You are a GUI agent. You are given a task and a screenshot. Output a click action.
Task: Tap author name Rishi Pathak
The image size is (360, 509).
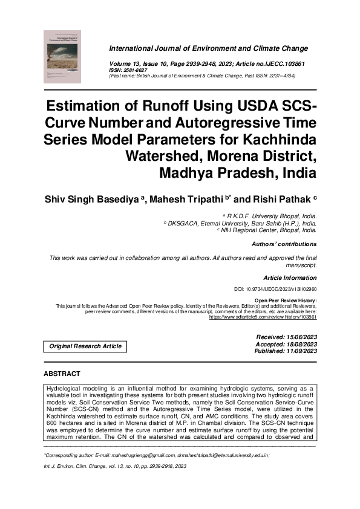[278, 198]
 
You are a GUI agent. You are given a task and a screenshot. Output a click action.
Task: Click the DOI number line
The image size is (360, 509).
[275, 290]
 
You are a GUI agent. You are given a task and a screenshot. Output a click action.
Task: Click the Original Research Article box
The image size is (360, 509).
[85, 346]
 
